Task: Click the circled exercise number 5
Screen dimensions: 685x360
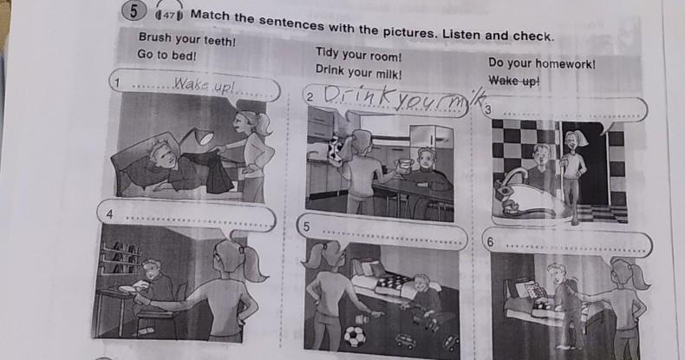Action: pyautogui.click(x=134, y=11)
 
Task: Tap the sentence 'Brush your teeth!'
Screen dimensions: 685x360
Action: pyautogui.click(x=187, y=39)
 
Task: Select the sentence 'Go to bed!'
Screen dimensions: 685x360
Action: pyautogui.click(x=166, y=56)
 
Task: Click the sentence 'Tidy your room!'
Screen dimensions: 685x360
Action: pyautogui.click(x=358, y=55)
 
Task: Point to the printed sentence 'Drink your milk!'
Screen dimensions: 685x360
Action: pyautogui.click(x=358, y=72)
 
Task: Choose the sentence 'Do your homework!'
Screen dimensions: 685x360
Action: pyautogui.click(x=542, y=64)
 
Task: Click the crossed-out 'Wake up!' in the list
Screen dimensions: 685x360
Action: pyautogui.click(x=514, y=81)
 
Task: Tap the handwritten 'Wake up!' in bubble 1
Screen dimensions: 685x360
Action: pyautogui.click(x=204, y=85)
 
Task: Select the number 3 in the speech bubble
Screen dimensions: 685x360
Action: pyautogui.click(x=488, y=109)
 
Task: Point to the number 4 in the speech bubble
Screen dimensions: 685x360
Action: pyautogui.click(x=109, y=214)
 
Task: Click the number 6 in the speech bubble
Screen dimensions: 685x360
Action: pyautogui.click(x=491, y=242)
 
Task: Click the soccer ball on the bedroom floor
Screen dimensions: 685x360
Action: pyautogui.click(x=355, y=336)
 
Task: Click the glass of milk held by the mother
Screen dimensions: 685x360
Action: pyautogui.click(x=405, y=165)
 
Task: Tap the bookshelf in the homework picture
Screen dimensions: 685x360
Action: pyautogui.click(x=121, y=258)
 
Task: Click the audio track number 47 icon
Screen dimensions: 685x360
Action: pyautogui.click(x=168, y=16)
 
